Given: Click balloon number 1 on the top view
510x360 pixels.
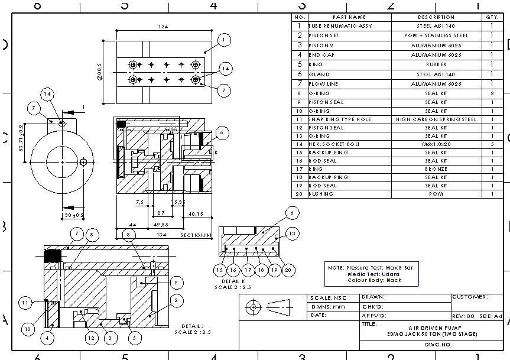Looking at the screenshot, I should pyautogui.click(x=223, y=40).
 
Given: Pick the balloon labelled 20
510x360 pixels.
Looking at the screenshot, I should pyautogui.click(x=288, y=270).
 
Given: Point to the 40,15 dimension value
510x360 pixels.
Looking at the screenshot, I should pyautogui.click(x=195, y=213).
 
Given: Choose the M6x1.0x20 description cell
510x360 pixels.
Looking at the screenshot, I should pyautogui.click(x=436, y=144).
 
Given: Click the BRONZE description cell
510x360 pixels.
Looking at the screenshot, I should pyautogui.click(x=436, y=169).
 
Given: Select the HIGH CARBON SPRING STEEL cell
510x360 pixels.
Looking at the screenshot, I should pyautogui.click(x=436, y=119).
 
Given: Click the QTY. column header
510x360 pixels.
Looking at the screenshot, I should pyautogui.click(x=492, y=17).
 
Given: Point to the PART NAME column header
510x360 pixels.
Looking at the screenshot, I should pyautogui.click(x=349, y=17).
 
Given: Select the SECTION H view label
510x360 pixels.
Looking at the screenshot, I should pyautogui.click(x=196, y=235).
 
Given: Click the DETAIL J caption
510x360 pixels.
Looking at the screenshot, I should pyautogui.click(x=192, y=326).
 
